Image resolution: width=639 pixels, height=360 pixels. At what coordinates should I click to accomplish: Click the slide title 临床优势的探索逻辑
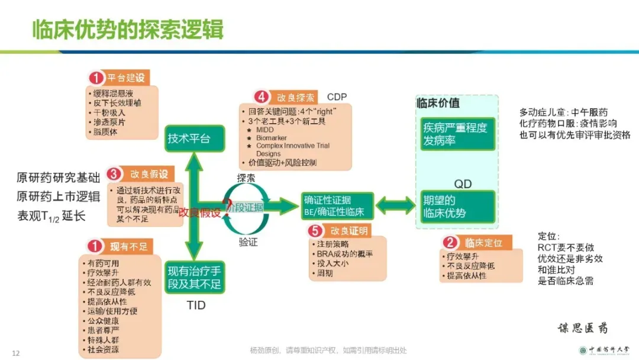point(128,28)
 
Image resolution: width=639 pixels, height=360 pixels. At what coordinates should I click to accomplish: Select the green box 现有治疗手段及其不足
point(194,278)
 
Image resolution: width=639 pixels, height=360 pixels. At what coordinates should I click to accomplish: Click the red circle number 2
point(450,242)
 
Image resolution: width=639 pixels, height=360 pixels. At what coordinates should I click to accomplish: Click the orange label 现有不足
point(127,246)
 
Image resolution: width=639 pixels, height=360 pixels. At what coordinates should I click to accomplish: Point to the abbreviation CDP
point(337,97)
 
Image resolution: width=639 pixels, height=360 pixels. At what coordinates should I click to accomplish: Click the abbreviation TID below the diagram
point(196,306)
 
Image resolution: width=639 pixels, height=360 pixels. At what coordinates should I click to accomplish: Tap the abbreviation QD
point(463,184)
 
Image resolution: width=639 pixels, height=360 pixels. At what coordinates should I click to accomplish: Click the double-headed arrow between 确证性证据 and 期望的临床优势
point(396,205)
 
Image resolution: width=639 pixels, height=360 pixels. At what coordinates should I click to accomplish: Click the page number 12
point(16,353)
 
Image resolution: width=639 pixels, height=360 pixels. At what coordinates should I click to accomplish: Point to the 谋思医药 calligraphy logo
point(583,328)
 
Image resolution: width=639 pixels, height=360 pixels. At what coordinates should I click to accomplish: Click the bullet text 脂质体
point(105,132)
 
